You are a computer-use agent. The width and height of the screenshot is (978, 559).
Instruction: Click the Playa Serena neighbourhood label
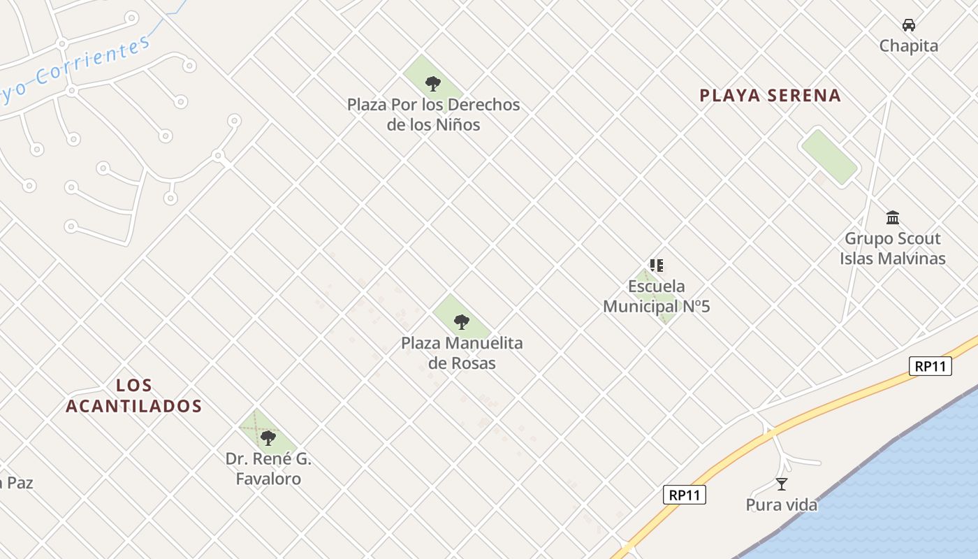(x=770, y=96)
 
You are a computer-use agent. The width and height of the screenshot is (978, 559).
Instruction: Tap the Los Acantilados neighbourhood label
(x=133, y=395)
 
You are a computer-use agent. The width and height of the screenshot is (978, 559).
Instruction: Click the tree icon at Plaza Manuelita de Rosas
(x=461, y=322)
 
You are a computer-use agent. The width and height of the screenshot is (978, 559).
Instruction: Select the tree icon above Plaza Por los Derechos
(x=433, y=84)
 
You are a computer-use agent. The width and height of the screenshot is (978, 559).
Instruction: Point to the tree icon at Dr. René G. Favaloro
(x=268, y=438)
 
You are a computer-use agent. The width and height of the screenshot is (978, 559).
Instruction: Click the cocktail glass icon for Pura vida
(x=782, y=484)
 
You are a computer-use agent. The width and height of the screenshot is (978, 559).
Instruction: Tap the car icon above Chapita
(x=908, y=25)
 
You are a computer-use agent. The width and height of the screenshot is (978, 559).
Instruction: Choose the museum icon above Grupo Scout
(x=892, y=217)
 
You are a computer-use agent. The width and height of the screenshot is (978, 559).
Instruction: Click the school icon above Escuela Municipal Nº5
(x=656, y=266)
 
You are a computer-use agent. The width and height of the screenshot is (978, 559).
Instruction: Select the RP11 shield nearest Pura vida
(x=684, y=495)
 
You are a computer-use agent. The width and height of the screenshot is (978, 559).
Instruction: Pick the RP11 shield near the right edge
(x=930, y=365)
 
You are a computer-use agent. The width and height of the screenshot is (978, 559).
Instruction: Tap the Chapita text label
(x=908, y=46)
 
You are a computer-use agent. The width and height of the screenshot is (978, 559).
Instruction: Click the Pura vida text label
(x=781, y=504)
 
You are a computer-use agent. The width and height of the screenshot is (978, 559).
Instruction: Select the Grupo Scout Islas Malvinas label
(x=892, y=249)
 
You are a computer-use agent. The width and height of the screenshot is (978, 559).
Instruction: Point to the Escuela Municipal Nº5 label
(x=656, y=296)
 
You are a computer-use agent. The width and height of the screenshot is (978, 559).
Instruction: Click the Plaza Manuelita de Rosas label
(x=462, y=353)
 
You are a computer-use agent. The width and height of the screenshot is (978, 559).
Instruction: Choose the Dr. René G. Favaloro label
(x=268, y=469)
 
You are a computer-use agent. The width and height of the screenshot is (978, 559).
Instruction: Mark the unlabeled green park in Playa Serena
(x=829, y=157)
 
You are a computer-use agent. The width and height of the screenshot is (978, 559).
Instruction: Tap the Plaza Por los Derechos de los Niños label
(x=433, y=115)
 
